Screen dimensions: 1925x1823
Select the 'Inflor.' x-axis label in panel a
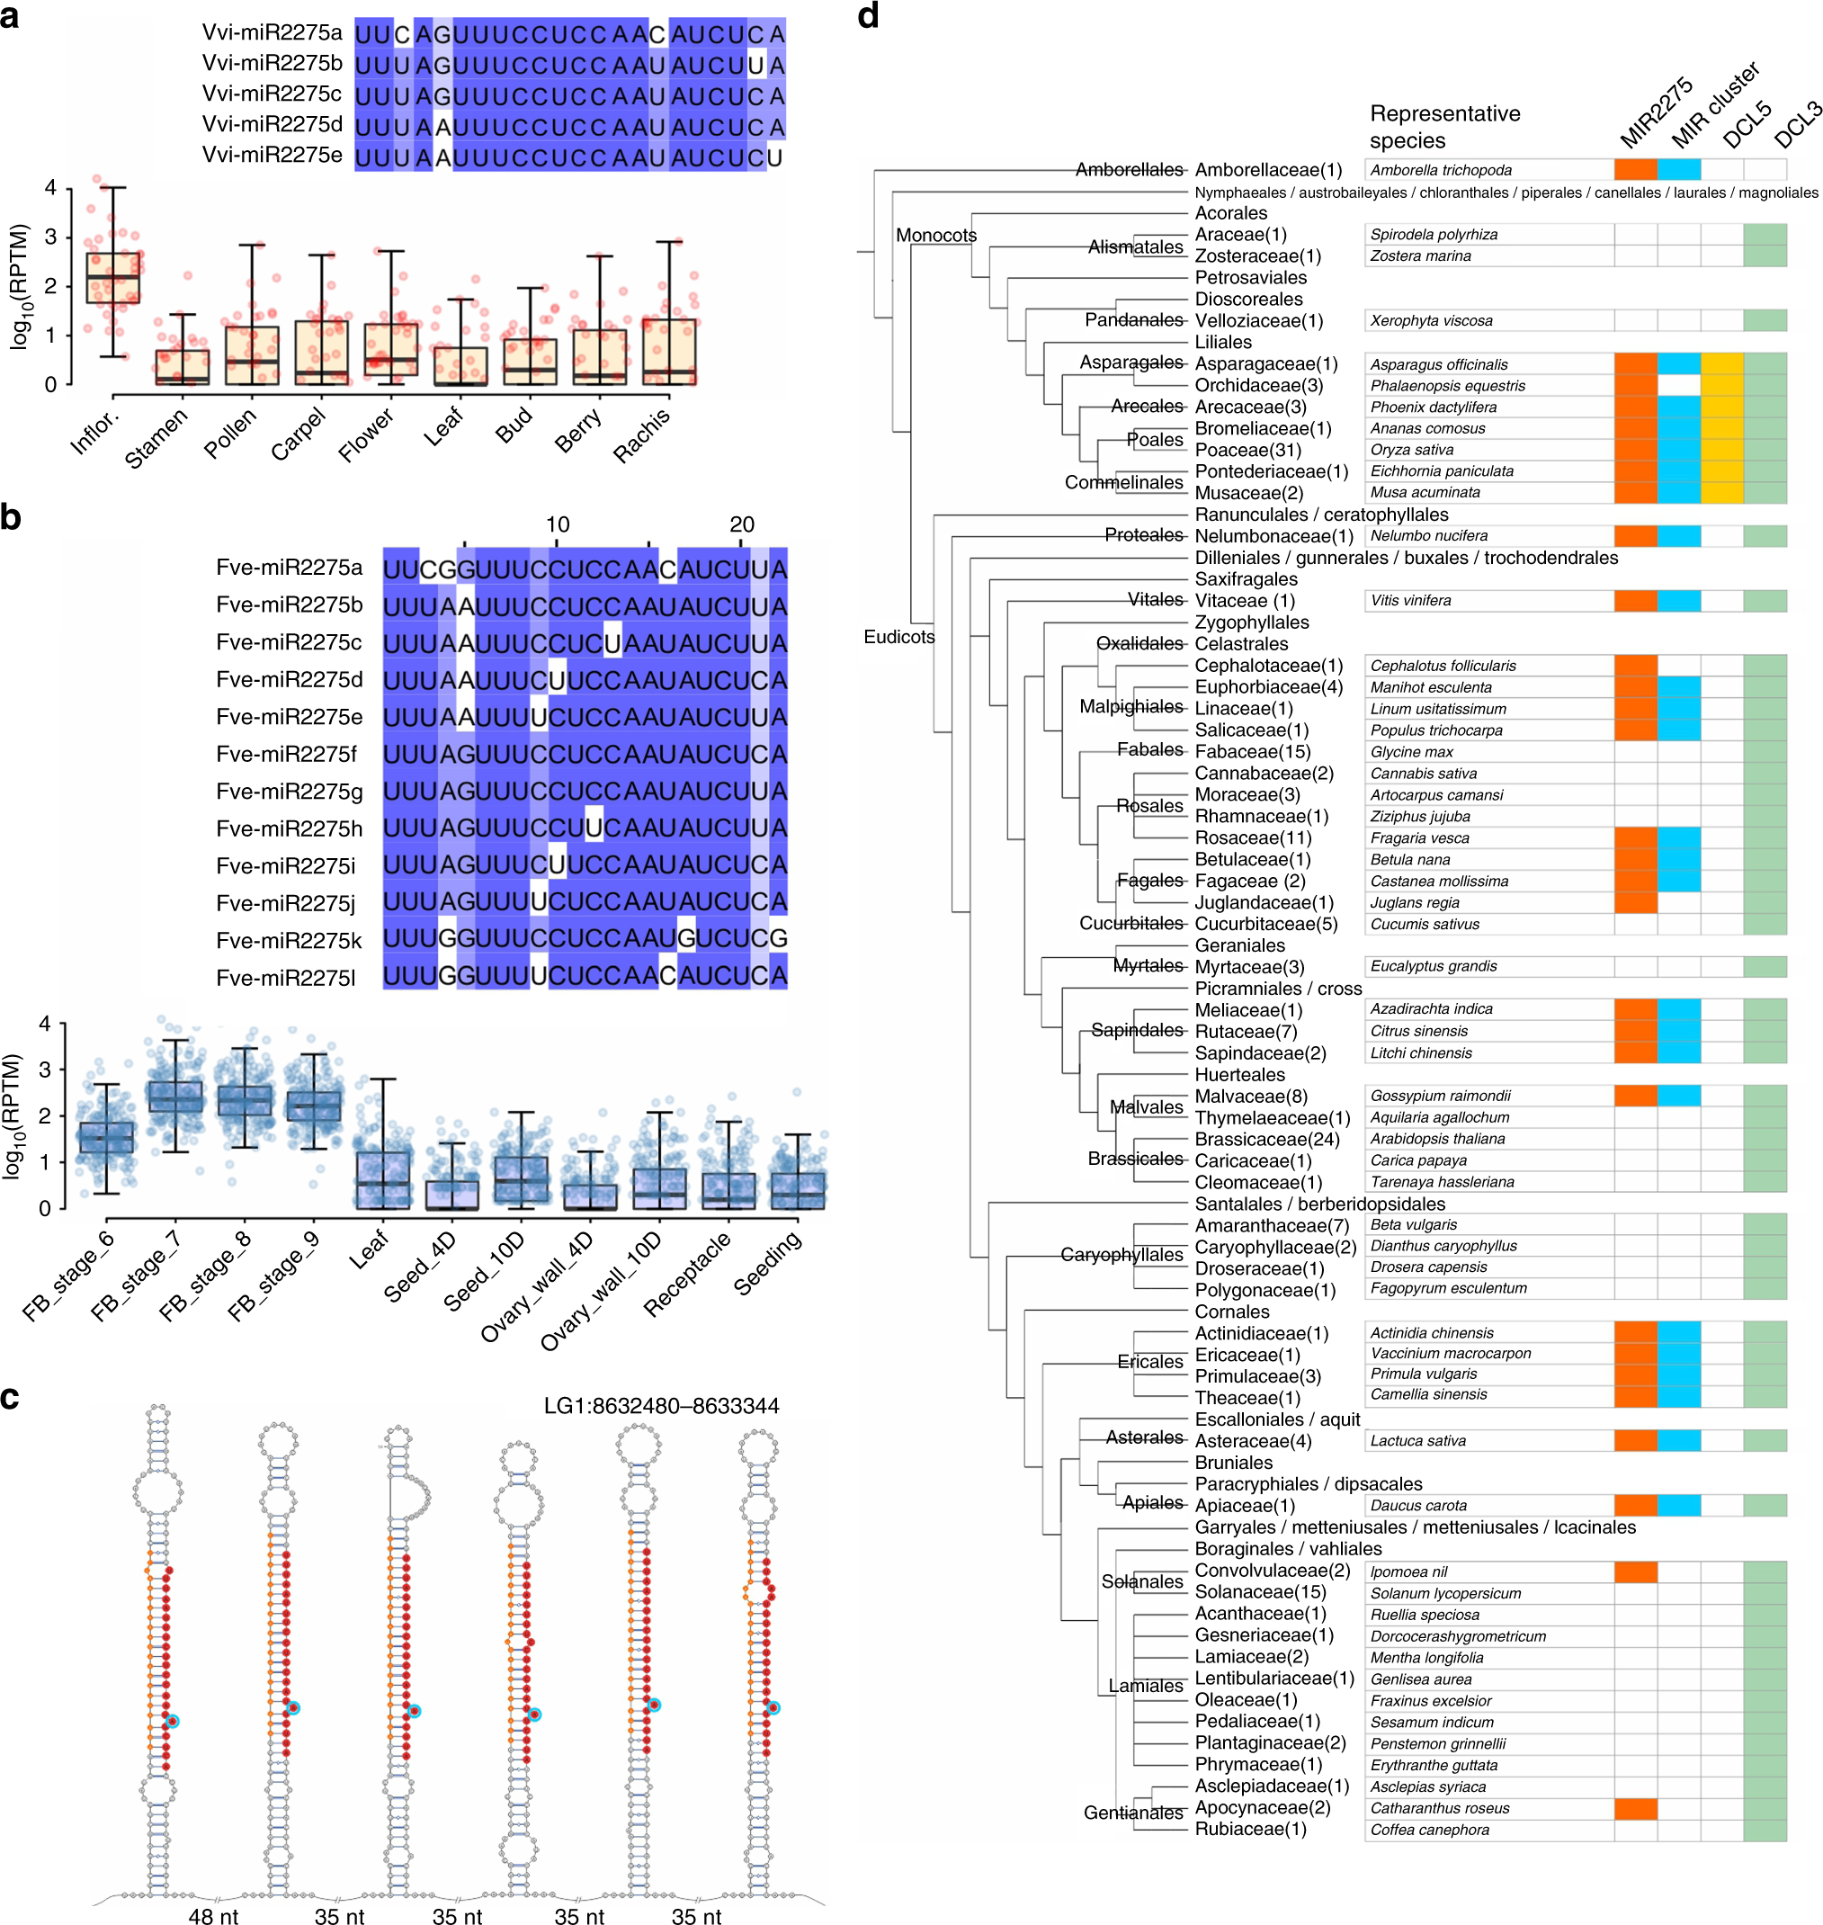pyautogui.click(x=95, y=434)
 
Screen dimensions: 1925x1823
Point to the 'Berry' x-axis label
pyautogui.click(x=578, y=431)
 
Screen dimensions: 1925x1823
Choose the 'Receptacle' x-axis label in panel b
pyautogui.click(x=687, y=1274)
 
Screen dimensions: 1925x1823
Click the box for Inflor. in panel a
pyautogui.click(x=112, y=278)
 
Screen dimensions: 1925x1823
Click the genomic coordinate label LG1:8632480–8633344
pyautogui.click(x=661, y=1406)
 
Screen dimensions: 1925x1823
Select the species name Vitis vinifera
pyautogui.click(x=1410, y=601)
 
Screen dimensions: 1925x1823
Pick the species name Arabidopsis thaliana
pyautogui.click(x=1425, y=1139)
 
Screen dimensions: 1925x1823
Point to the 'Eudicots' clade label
pyautogui.click(x=898, y=637)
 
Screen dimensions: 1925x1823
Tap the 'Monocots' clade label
pyautogui.click(x=936, y=235)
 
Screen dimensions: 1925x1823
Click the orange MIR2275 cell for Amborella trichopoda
pyautogui.click(x=1635, y=170)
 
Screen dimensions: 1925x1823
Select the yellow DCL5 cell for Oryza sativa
pyautogui.click(x=1722, y=450)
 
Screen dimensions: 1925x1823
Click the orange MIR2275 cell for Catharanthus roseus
pyautogui.click(x=1635, y=1808)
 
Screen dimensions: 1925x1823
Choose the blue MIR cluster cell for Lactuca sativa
pyautogui.click(x=1679, y=1441)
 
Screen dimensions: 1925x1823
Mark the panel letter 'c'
pyautogui.click(x=11, y=1397)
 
